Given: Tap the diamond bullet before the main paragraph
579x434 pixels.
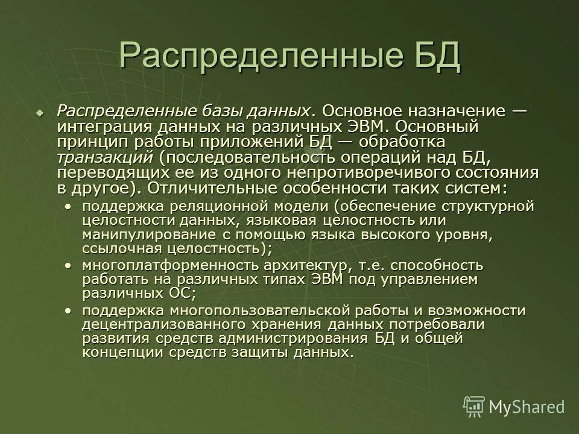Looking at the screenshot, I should point(40,113).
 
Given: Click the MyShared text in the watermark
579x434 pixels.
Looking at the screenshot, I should point(527,406).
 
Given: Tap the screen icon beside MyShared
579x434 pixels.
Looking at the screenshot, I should point(474,406).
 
